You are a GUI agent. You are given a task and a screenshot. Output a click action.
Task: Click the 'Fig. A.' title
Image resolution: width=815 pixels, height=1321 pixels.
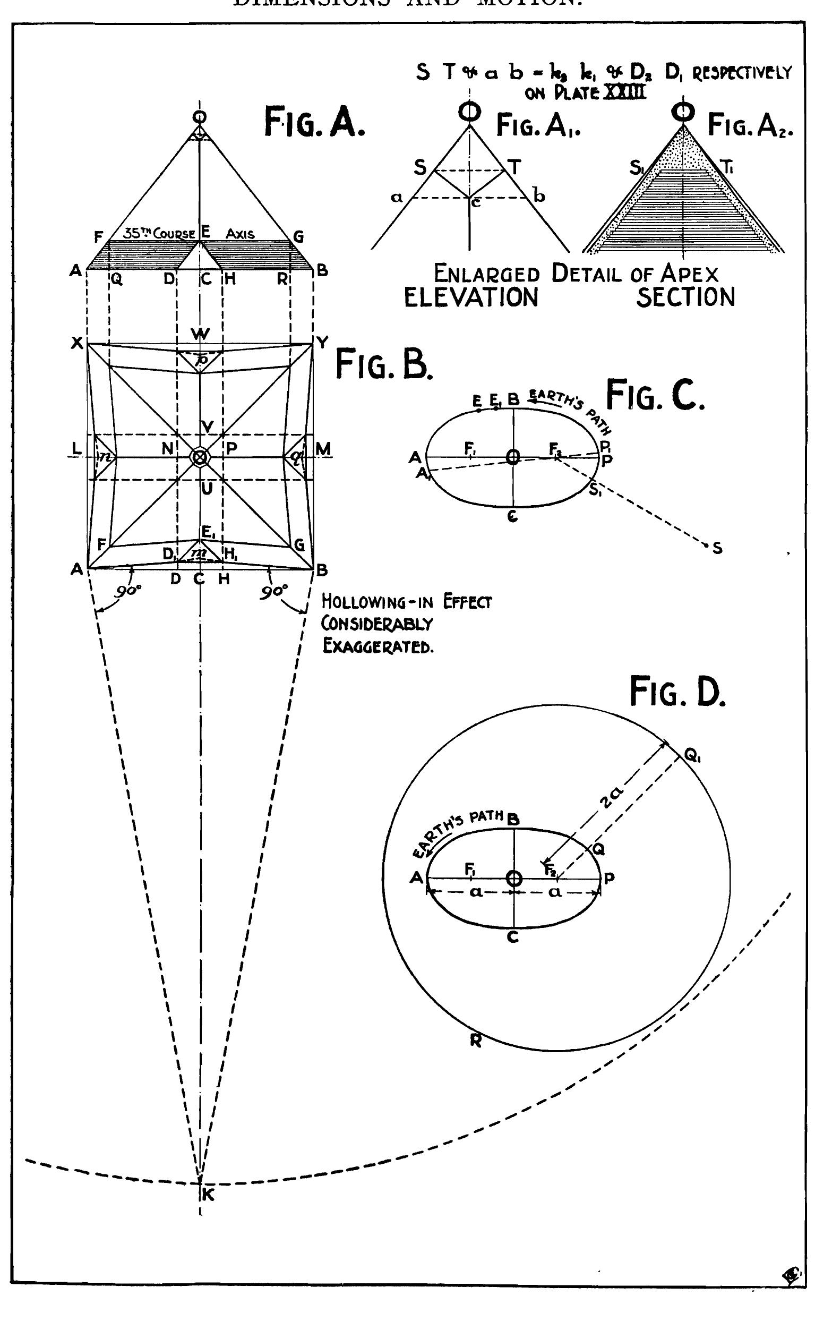pos(314,122)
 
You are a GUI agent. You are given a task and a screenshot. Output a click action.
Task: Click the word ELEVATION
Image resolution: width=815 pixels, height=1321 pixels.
pos(471,297)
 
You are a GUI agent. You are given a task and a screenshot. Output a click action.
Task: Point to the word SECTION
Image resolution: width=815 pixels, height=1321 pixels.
pos(685,297)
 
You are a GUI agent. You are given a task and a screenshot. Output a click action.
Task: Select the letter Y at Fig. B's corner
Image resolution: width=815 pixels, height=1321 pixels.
pos(322,343)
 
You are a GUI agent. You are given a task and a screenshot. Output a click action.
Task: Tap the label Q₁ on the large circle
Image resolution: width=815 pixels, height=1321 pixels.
pos(692,757)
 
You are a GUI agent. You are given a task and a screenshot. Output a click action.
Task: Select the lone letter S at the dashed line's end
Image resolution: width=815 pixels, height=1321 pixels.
pos(717,549)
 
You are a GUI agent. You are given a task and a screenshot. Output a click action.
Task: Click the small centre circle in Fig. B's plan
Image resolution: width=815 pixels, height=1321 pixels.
pos(200,457)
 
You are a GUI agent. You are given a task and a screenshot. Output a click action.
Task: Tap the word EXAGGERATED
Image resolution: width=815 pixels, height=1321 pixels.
pos(378,646)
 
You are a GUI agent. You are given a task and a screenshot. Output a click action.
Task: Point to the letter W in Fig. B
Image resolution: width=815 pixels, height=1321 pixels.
pos(200,334)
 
